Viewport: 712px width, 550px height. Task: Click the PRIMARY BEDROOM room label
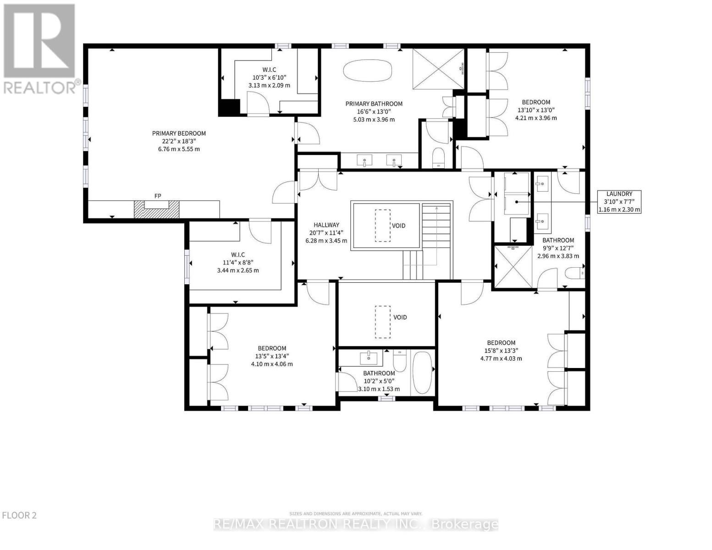[x=179, y=133]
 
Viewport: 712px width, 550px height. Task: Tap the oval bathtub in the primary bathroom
[x=367, y=70]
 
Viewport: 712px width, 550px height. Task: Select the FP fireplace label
[x=158, y=196]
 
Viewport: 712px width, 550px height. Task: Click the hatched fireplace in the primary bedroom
[x=157, y=209]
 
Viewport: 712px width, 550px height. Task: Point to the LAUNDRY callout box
[x=619, y=202]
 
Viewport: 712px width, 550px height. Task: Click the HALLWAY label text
[x=326, y=225]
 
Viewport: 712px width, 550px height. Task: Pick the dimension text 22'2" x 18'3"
[x=179, y=141]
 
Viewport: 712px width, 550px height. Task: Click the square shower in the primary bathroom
[x=438, y=69]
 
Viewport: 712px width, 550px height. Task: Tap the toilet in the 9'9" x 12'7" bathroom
[x=575, y=273]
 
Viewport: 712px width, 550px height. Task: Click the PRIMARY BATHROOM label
[x=374, y=104]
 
